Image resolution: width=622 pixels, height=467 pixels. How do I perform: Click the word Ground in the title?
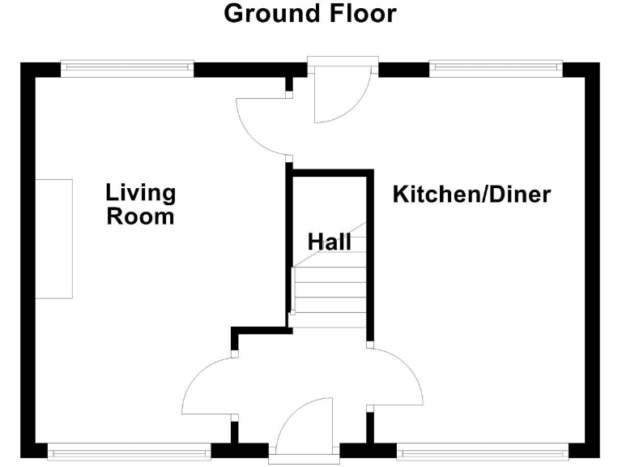266,14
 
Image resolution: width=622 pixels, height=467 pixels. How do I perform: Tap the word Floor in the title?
356,14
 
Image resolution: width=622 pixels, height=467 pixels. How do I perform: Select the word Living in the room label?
140,193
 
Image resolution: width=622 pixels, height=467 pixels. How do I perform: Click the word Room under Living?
140,216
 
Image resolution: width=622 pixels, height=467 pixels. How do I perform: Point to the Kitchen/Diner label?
471,195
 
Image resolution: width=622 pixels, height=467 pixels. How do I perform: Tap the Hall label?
329,242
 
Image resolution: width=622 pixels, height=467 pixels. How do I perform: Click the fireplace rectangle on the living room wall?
54,238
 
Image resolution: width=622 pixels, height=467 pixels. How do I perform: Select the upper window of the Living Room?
127,69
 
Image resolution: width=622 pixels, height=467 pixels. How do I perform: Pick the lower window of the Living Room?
130,451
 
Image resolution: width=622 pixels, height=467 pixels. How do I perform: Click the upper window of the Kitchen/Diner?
496,69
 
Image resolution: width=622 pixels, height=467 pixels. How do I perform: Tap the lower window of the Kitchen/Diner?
483,451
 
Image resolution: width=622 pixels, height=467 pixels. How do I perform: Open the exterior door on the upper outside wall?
340,93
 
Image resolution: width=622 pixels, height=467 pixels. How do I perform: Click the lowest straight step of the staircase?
330,319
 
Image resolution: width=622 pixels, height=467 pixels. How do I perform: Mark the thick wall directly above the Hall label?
330,172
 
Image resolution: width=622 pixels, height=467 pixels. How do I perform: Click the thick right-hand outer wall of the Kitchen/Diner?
593,259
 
